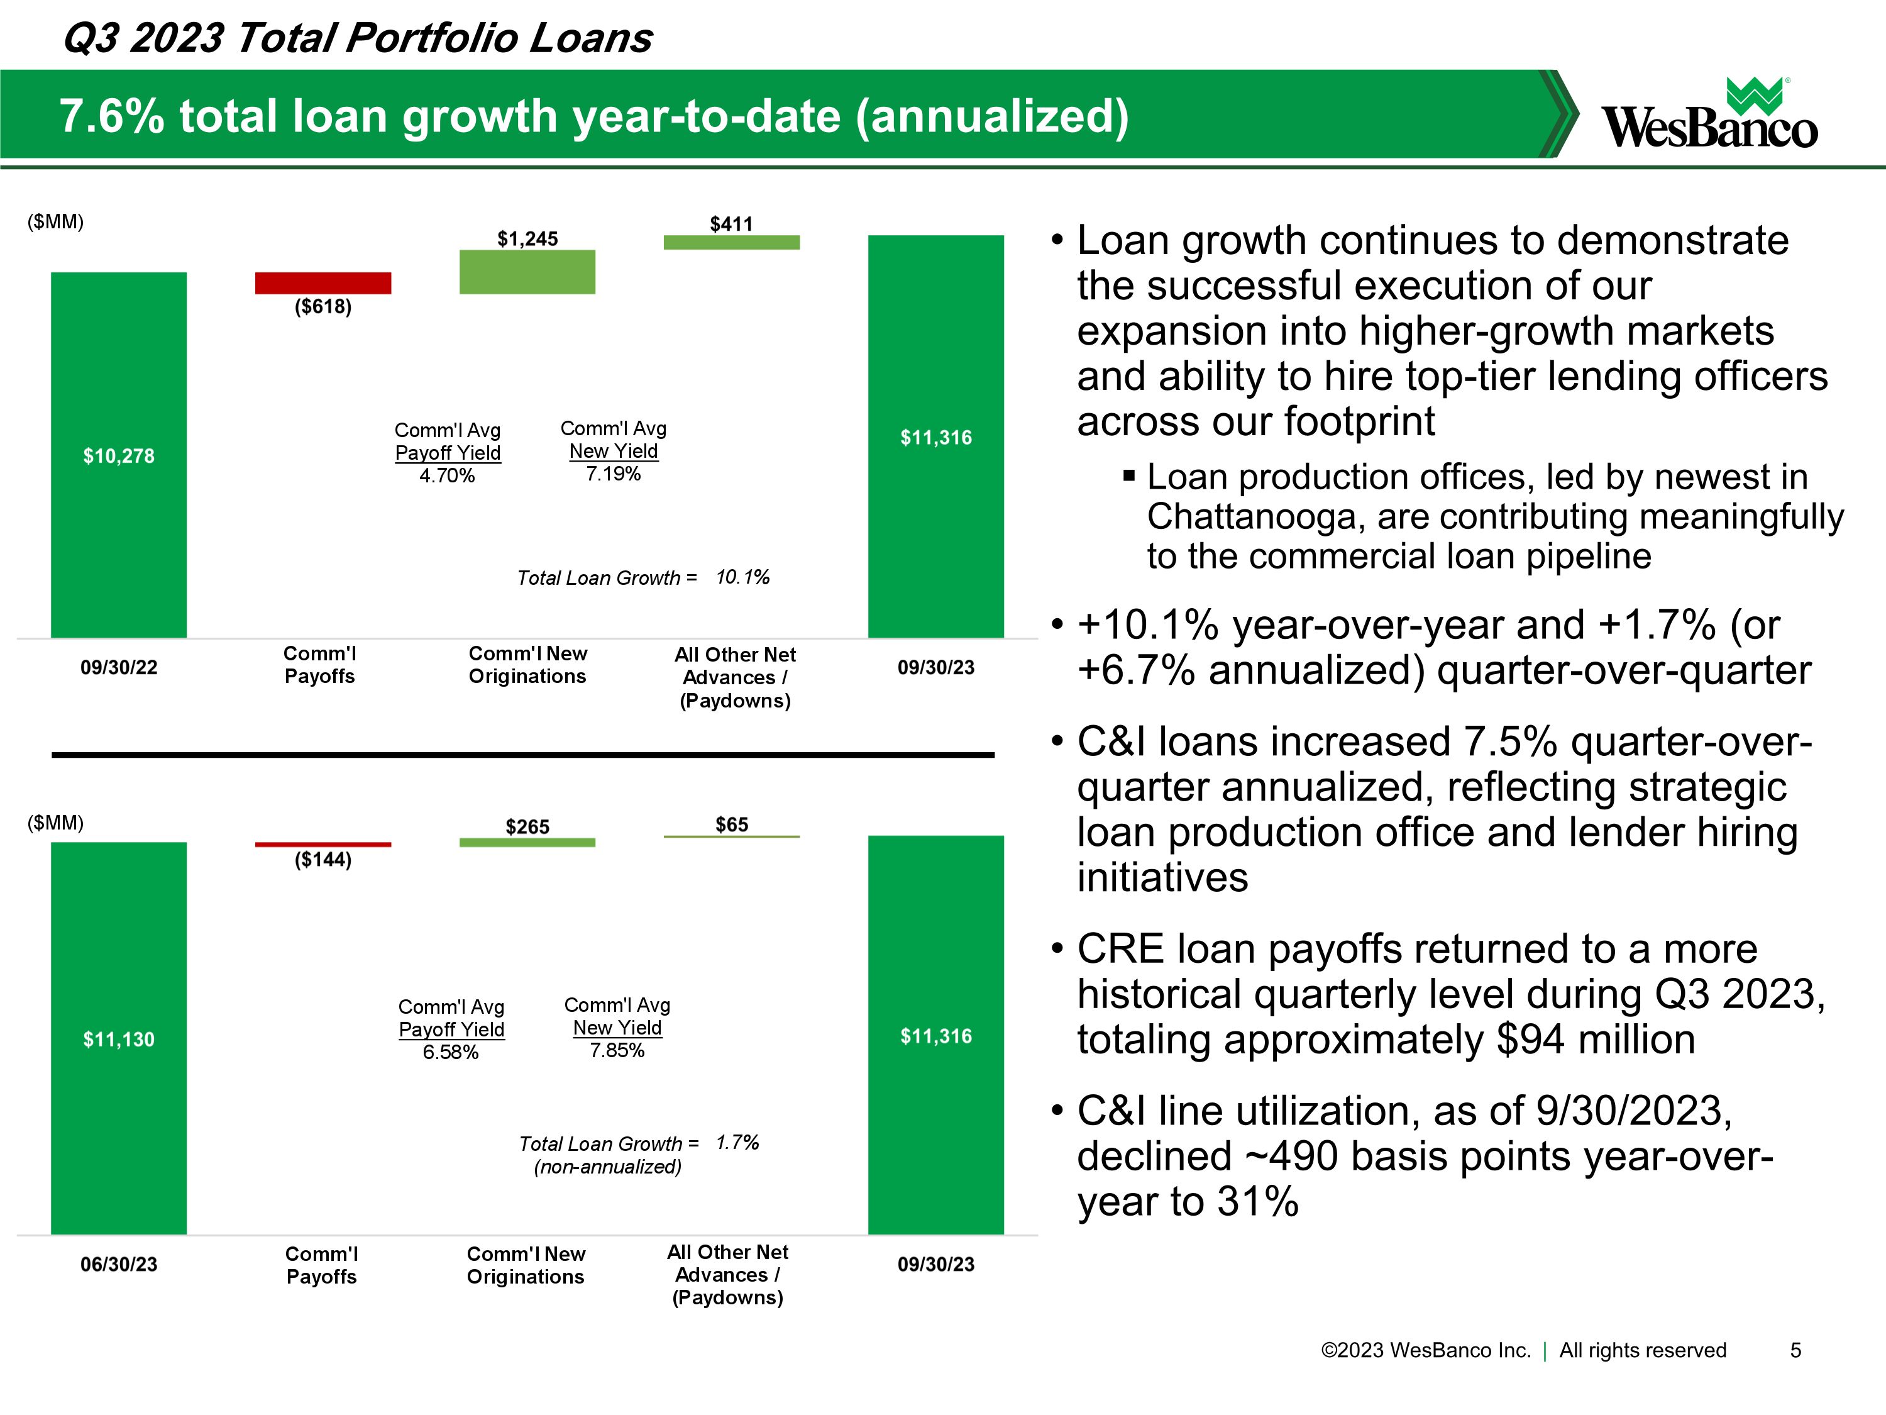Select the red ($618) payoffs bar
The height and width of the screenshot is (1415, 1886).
323,282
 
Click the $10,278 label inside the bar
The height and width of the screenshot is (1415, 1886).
119,457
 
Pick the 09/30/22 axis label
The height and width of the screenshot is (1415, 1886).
119,668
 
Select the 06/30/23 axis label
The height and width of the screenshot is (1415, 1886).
119,1265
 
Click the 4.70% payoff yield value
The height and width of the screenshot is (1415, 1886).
447,476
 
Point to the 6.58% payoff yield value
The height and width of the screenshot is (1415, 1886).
450,1053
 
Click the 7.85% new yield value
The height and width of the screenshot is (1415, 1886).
617,1051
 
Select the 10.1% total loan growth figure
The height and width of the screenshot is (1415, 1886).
742,577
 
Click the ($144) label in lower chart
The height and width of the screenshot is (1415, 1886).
323,860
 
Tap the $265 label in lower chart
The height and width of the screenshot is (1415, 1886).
527,826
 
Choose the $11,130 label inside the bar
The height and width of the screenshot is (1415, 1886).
119,1040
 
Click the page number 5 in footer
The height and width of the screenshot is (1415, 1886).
1795,1350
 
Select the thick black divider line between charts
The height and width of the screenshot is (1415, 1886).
522,755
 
